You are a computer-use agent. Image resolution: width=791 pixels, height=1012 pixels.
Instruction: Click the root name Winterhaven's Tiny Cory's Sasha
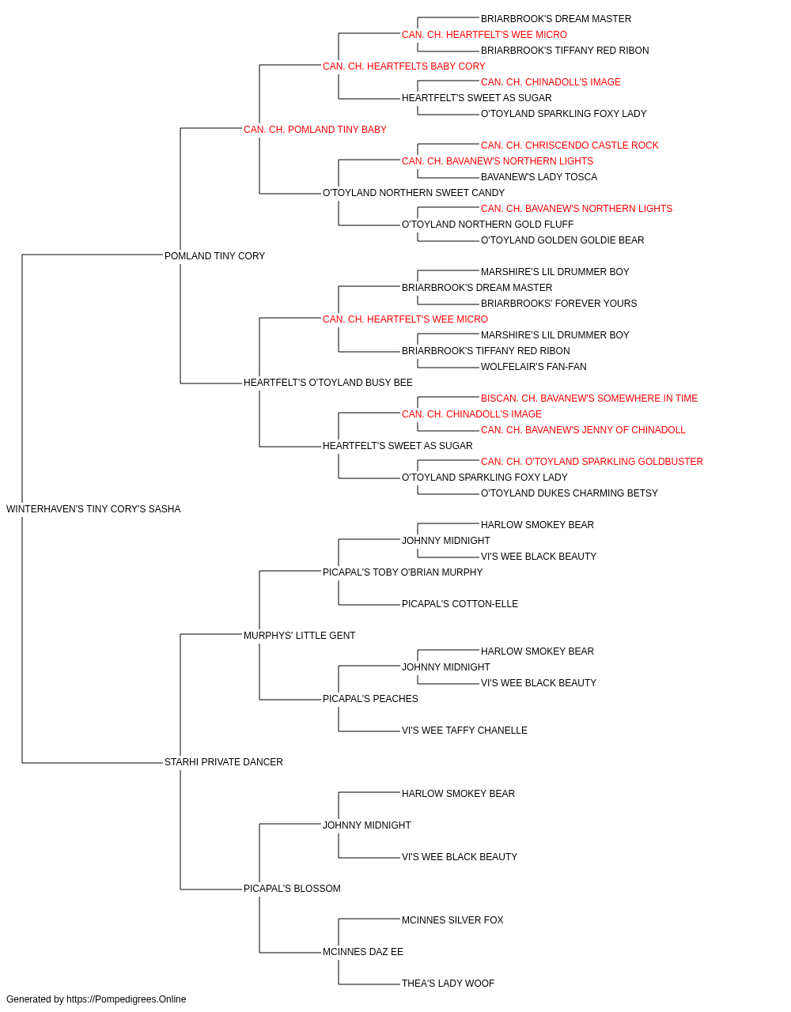[x=93, y=509]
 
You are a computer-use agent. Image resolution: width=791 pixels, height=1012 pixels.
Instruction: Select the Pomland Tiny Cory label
[x=214, y=256]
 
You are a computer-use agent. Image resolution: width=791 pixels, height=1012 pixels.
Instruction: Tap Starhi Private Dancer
[x=224, y=762]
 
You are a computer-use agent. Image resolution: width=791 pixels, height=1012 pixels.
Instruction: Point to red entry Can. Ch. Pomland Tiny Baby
[x=315, y=130]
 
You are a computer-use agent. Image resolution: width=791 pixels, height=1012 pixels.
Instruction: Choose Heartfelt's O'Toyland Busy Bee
[x=328, y=383]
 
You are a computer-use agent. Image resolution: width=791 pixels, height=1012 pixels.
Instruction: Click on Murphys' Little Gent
[x=300, y=635]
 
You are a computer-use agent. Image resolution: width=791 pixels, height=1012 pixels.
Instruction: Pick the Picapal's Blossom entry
[x=292, y=888]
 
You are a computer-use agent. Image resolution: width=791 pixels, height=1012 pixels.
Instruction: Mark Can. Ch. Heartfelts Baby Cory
[x=404, y=66]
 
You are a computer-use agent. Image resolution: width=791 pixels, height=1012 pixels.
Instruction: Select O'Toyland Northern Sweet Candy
[x=414, y=193]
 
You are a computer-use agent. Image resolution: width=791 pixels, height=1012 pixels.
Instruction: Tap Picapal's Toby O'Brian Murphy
[x=403, y=572]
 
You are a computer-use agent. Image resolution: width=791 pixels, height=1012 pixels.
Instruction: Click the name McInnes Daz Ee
[x=363, y=951]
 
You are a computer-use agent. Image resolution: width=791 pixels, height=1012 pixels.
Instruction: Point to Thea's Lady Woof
[x=448, y=983]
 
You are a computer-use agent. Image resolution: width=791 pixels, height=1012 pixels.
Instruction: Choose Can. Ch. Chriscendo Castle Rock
[x=570, y=145]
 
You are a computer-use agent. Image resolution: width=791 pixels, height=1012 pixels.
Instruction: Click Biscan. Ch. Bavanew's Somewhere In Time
[x=589, y=398]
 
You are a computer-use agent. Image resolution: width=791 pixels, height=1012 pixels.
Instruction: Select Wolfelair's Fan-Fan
[x=534, y=367]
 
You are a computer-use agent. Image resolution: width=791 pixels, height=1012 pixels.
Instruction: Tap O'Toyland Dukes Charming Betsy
[x=570, y=493]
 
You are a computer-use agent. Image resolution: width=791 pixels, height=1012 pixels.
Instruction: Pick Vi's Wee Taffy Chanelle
[x=464, y=731]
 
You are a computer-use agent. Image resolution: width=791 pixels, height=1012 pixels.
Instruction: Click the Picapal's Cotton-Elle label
[x=460, y=603]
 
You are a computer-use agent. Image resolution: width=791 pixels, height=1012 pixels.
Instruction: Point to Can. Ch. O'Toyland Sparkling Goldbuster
[x=592, y=462]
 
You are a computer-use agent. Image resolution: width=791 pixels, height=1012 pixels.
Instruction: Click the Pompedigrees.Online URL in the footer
[x=127, y=999]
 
